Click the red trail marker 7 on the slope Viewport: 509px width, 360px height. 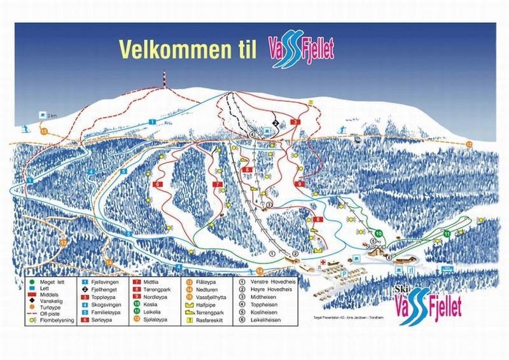pos(218,184)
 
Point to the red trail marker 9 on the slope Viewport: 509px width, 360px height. pos(299,184)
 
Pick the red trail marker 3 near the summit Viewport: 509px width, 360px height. pos(295,121)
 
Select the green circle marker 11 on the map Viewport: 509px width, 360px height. pos(447,234)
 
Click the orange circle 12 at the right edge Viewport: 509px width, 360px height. pos(470,145)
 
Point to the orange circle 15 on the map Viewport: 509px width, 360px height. pos(44,131)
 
